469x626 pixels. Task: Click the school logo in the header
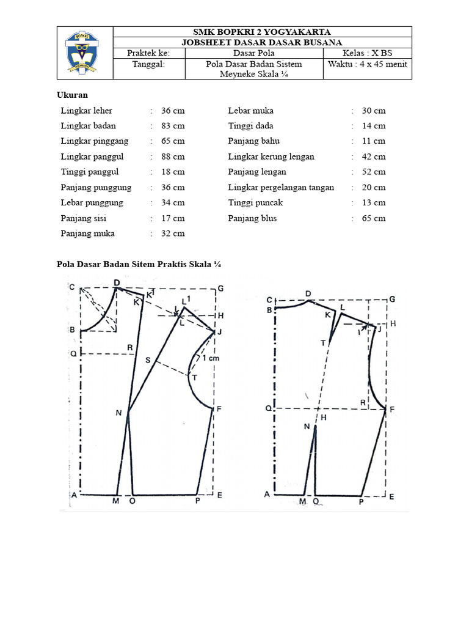pos(85,53)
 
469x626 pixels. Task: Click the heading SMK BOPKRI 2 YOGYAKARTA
pos(263,32)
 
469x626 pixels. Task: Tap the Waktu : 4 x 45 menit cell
pos(368,64)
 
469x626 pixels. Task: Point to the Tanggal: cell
pos(149,64)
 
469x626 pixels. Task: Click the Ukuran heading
pos(72,95)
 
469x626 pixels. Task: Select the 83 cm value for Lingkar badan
pos(173,126)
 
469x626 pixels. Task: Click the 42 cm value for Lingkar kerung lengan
pos(374,156)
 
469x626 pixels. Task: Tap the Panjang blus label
pos(252,218)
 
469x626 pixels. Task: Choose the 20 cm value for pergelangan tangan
pos(374,188)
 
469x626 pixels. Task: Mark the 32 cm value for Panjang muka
pos(173,234)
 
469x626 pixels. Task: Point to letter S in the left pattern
pos(147,360)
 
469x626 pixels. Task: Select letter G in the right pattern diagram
pos(392,299)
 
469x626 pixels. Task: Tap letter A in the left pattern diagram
pos(73,495)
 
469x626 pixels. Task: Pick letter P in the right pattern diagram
pos(361,502)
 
